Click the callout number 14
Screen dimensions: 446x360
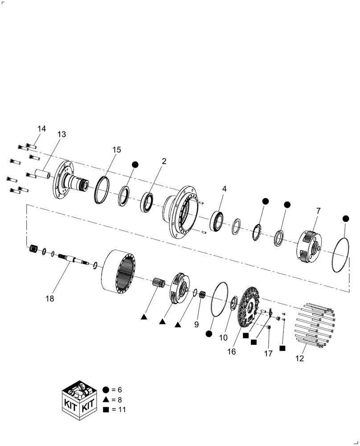pyautogui.click(x=41, y=129)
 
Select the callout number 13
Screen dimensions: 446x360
pyautogui.click(x=61, y=134)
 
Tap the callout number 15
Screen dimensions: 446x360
pyautogui.click(x=116, y=150)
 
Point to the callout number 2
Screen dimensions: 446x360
pyautogui.click(x=164, y=161)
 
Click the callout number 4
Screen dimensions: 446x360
pyautogui.click(x=225, y=189)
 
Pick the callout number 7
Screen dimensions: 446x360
pyautogui.click(x=318, y=210)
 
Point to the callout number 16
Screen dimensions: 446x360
pyautogui.click(x=231, y=351)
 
